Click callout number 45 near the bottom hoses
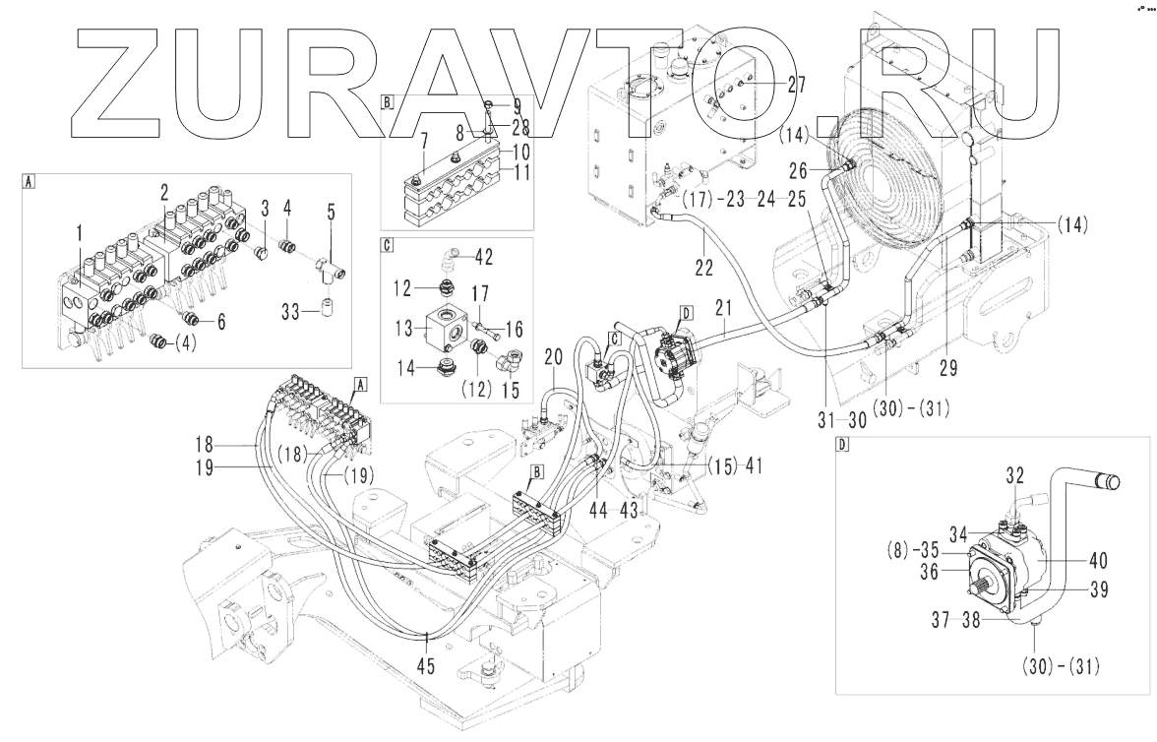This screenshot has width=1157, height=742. point(427,665)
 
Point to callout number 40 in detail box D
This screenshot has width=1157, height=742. point(1097,562)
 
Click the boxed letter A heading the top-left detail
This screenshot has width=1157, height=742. point(29,181)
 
